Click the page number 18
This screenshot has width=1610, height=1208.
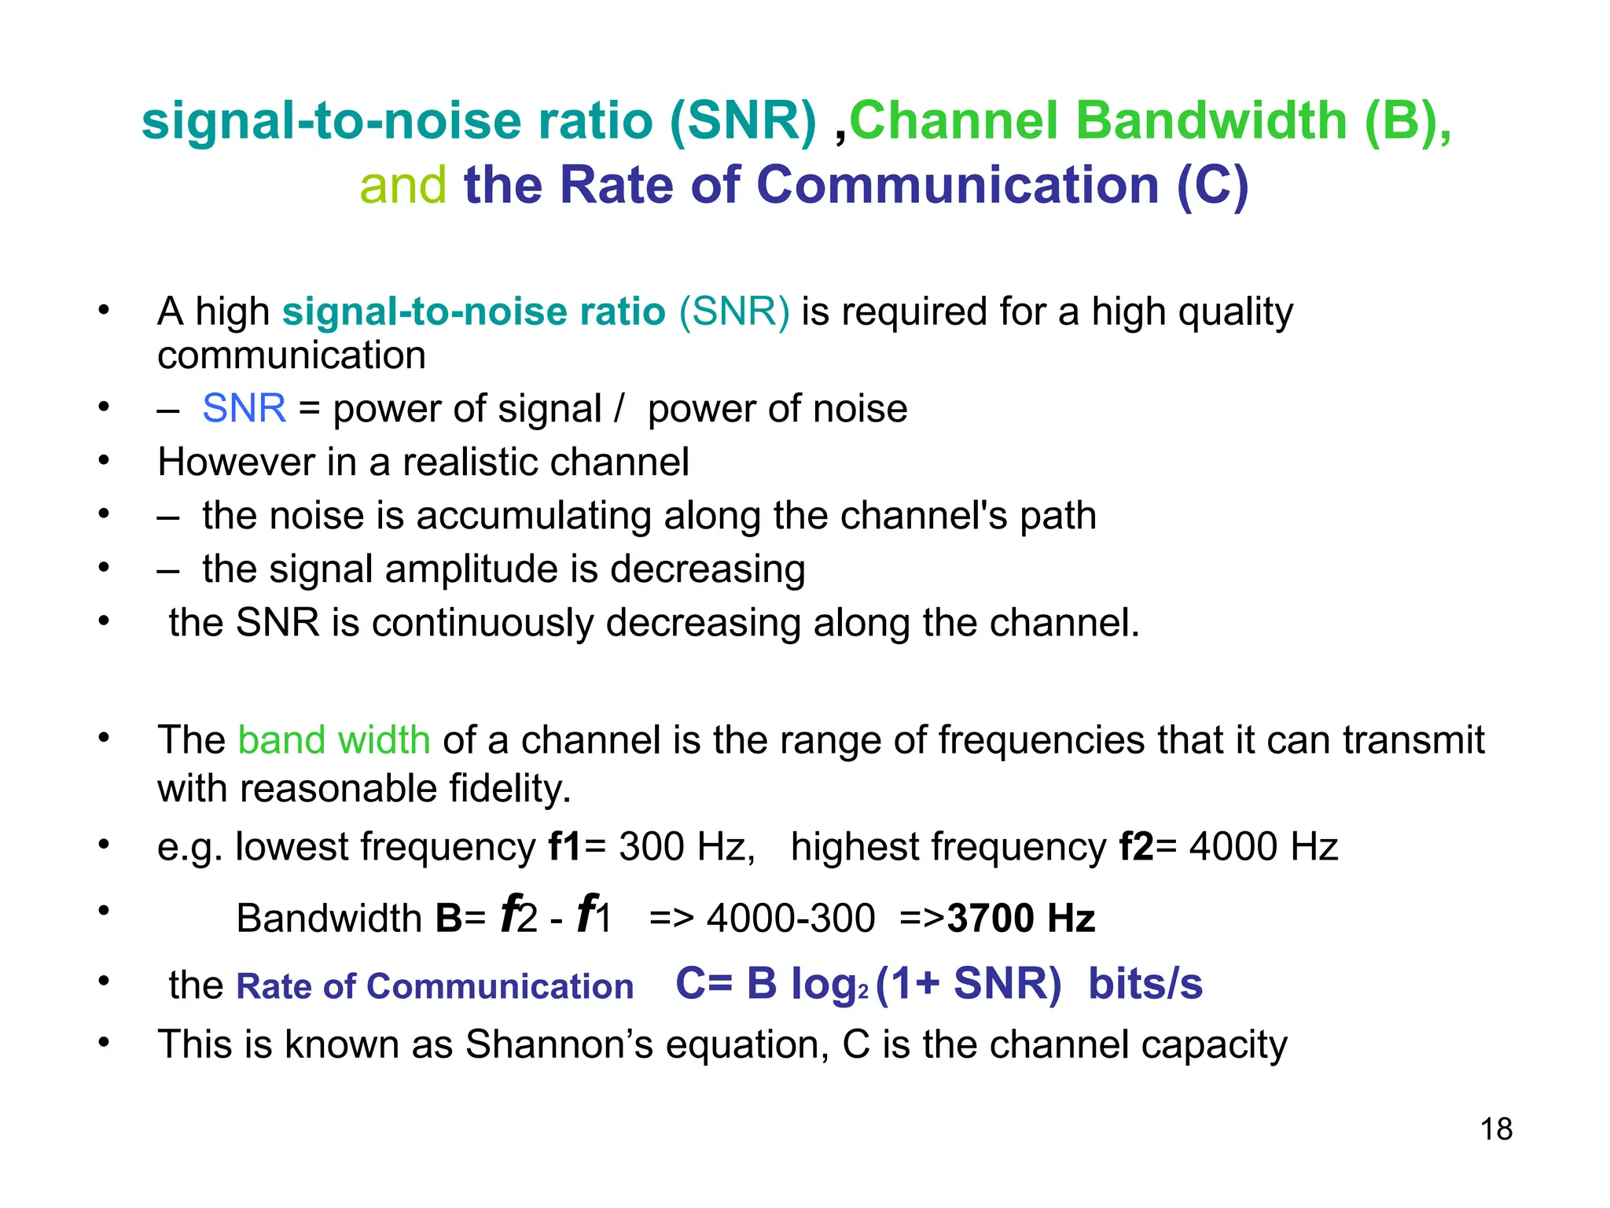[x=1496, y=1129]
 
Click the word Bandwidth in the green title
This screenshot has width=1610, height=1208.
[x=1211, y=121]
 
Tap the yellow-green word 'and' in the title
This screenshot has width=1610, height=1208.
[x=403, y=186]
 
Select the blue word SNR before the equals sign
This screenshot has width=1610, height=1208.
[x=244, y=408]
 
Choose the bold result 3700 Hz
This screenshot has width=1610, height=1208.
[x=1021, y=918]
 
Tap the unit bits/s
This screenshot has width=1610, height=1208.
[x=1145, y=984]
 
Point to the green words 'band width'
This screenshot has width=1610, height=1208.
[x=334, y=740]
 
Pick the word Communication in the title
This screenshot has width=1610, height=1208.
[x=958, y=186]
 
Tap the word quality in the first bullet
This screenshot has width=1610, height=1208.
[x=1235, y=312]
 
